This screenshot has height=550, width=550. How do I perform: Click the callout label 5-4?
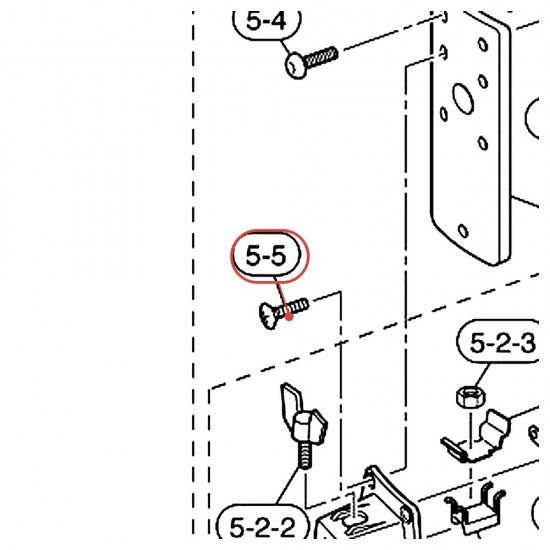point(266,22)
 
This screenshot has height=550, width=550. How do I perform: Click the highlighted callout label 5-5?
point(266,255)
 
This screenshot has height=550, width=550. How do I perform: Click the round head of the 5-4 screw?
point(296,66)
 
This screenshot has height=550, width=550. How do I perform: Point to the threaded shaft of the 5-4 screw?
point(322,57)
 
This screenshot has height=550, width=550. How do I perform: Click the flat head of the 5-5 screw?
point(268,316)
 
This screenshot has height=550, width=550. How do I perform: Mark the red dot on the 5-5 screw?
point(289,317)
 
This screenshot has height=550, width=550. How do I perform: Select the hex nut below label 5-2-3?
point(471,397)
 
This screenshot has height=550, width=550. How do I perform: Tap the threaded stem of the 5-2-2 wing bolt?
point(305,455)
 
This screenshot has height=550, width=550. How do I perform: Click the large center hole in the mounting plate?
point(463,98)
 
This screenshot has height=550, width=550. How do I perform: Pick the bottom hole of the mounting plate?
point(463,231)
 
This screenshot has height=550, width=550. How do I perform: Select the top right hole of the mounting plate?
point(483,45)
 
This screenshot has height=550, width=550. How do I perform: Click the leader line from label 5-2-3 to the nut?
point(483,376)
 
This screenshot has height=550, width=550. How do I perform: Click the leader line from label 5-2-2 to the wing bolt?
point(289,486)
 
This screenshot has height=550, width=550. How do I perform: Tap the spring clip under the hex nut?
point(476,436)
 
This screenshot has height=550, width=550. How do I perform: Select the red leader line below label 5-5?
point(282,297)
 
